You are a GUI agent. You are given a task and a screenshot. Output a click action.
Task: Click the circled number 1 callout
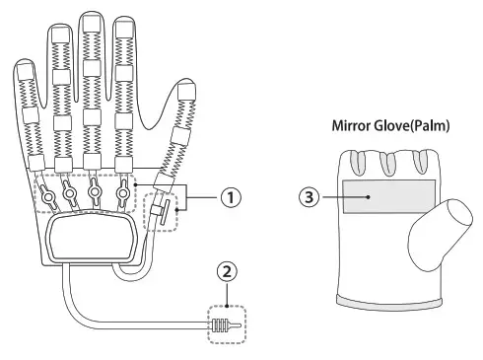click(x=229, y=197)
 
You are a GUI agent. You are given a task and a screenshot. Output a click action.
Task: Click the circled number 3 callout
click(x=309, y=196)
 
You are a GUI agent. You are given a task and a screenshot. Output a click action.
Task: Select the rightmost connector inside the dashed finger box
click(x=124, y=190)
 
